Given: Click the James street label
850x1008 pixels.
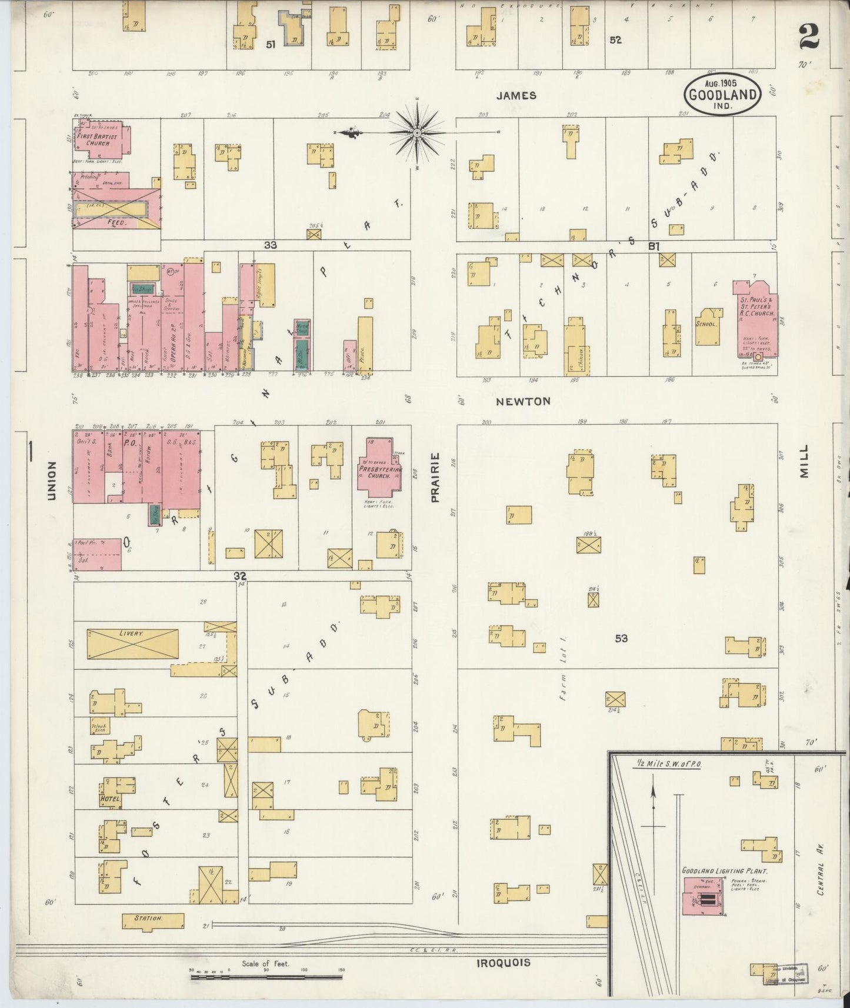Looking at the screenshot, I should click(x=516, y=95).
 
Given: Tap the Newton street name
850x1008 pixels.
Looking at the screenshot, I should click(x=523, y=401).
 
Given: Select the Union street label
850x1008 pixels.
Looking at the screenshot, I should click(x=51, y=480).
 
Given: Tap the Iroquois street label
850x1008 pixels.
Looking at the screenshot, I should click(x=503, y=963).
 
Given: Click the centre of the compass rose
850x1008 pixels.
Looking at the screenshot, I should click(x=416, y=133).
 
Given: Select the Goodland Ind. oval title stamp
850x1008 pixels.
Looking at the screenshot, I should click(x=722, y=95).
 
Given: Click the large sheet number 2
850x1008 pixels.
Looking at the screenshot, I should click(x=809, y=36).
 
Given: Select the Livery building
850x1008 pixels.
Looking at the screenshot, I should click(x=132, y=644).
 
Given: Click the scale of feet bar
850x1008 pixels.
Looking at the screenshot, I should click(x=266, y=977).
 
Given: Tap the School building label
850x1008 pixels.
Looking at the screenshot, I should click(x=706, y=324).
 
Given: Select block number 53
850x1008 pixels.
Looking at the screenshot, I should click(x=621, y=638).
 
